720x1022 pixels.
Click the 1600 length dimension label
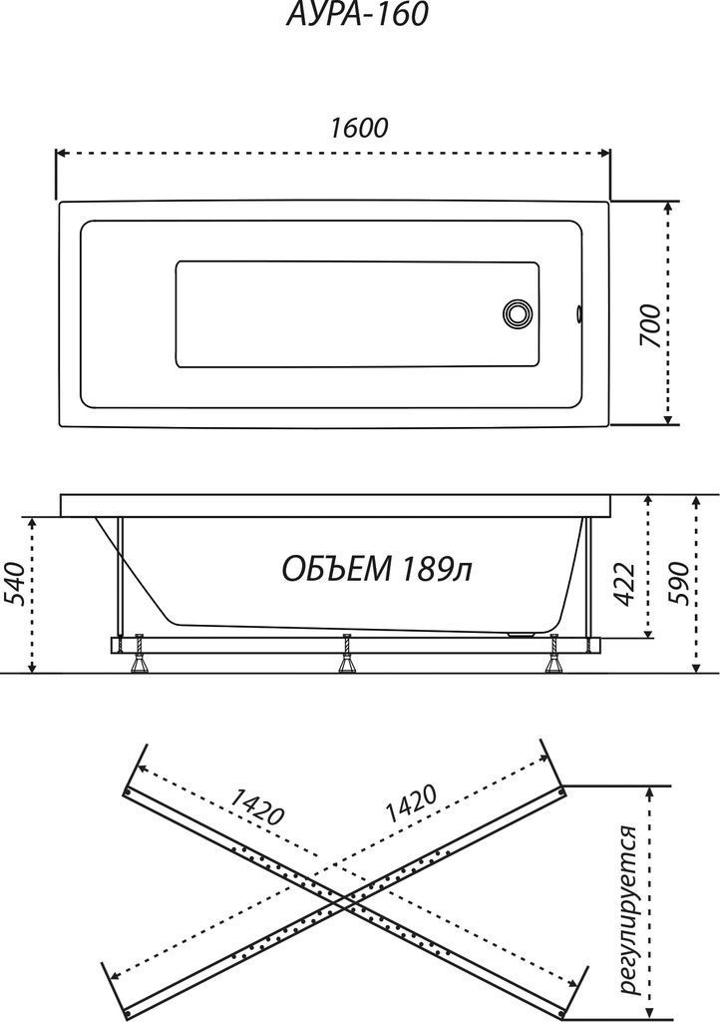click(359, 128)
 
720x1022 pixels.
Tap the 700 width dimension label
click(649, 325)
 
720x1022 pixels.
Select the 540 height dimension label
click(16, 584)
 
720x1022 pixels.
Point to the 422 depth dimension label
click(624, 583)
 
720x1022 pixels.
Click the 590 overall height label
click(677, 583)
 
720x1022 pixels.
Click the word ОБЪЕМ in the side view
click(337, 569)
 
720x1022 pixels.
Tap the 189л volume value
click(437, 569)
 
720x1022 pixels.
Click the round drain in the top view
click(519, 312)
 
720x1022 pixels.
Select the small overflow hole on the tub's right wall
click(578, 313)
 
